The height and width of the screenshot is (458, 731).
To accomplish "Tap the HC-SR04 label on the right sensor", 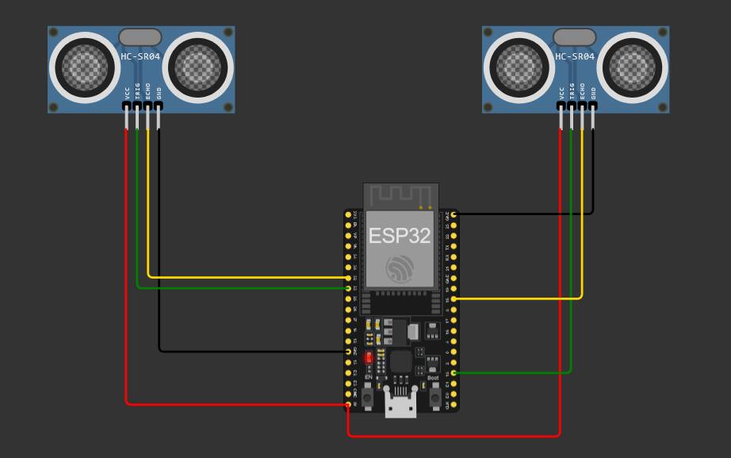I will click(x=575, y=57).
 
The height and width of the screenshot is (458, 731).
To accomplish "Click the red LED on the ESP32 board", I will click(x=369, y=358).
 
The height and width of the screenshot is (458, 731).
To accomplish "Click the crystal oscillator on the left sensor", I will click(x=140, y=37).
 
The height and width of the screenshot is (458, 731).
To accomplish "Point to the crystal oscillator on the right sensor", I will click(x=574, y=37).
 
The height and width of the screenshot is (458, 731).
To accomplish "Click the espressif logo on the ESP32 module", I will click(x=400, y=269).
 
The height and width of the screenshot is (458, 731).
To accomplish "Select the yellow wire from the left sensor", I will click(x=238, y=277).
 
